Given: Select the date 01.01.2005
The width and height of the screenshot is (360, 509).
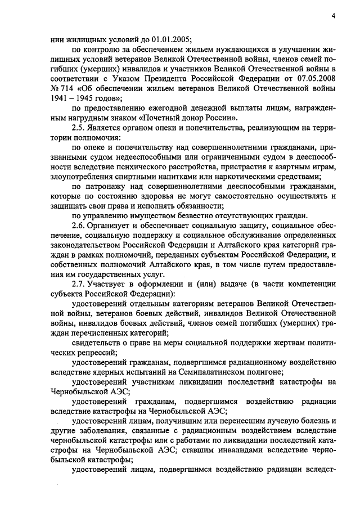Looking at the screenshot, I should point(172,39).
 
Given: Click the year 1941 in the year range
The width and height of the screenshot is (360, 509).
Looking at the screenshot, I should point(62,100).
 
